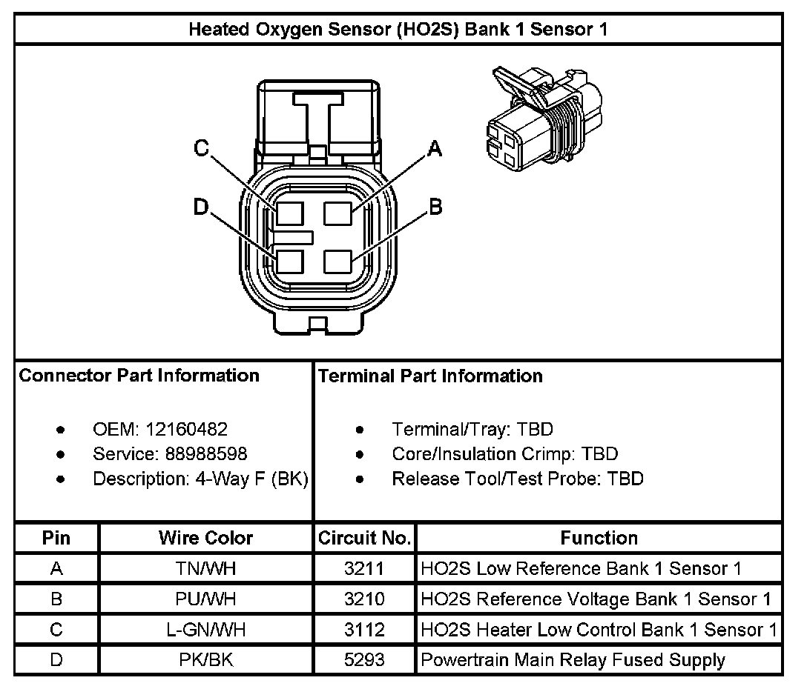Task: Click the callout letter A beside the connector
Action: point(435,150)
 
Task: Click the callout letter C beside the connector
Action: point(201,148)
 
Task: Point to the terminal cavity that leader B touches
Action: point(337,262)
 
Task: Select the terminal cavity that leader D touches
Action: point(289,262)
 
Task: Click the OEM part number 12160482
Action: point(186,429)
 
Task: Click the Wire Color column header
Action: point(205,538)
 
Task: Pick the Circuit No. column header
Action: point(364,538)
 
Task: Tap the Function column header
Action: point(599,538)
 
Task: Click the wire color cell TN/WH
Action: point(205,569)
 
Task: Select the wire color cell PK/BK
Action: point(205,659)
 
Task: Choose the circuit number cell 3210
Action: point(364,599)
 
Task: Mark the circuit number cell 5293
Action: point(364,659)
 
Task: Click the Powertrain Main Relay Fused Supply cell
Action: point(573,659)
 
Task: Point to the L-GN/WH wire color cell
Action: point(205,630)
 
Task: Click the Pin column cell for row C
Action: point(56,630)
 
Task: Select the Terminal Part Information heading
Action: point(430,376)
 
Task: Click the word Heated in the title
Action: point(215,30)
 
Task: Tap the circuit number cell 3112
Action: point(364,630)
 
